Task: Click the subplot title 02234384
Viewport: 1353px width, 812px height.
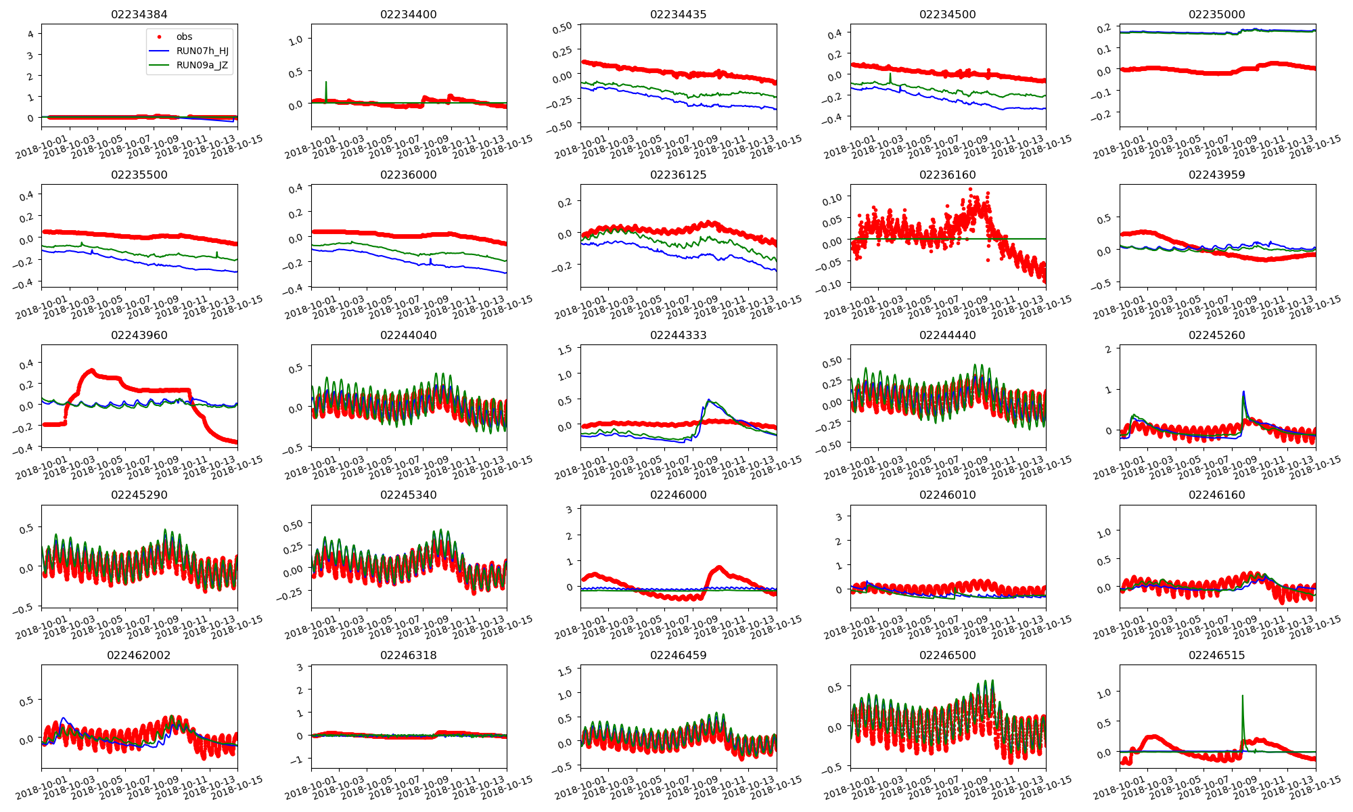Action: [x=139, y=14]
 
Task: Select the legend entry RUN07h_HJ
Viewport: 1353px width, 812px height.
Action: [x=202, y=51]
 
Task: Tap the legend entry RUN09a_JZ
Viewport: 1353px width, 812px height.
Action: [x=202, y=66]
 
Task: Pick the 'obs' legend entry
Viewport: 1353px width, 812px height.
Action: [x=184, y=37]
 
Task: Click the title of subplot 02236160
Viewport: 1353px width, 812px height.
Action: [x=947, y=175]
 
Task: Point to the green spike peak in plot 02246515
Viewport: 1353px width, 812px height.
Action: [x=1242, y=696]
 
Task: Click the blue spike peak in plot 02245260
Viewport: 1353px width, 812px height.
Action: [x=1243, y=392]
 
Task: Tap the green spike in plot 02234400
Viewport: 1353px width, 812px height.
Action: [x=326, y=83]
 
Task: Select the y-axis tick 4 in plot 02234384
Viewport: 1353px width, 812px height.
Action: [x=30, y=34]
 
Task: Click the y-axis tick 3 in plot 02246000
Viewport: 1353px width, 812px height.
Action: [x=569, y=510]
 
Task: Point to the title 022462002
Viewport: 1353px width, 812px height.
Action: [x=139, y=655]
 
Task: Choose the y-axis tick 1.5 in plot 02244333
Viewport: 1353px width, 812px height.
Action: [x=565, y=349]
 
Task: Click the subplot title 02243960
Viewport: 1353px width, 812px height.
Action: [x=139, y=335]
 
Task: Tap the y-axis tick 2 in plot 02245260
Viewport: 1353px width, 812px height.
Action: [x=1108, y=349]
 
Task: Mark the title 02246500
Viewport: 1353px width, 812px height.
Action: [x=947, y=655]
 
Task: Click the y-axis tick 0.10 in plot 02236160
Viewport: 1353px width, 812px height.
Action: [x=831, y=198]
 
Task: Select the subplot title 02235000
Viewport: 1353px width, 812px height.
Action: [x=1216, y=14]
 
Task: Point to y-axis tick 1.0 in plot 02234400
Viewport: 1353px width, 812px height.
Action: [x=296, y=41]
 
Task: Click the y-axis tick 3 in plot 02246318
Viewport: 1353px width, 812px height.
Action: [x=300, y=667]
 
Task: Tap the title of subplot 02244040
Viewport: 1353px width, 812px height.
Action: [x=408, y=335]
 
